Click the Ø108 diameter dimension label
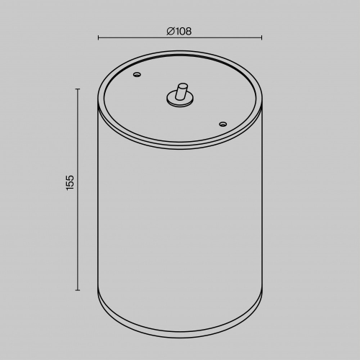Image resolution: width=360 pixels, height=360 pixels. [x=179, y=32]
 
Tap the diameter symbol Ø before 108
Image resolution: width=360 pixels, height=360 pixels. [x=170, y=32]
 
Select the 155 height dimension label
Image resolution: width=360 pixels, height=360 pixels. [x=70, y=183]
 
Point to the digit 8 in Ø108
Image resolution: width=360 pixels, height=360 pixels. [x=189, y=32]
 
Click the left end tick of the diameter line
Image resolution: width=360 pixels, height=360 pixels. [x=98, y=37]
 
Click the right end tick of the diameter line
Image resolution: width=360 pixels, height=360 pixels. [x=261, y=37]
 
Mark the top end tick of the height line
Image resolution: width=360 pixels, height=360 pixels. [x=78, y=89]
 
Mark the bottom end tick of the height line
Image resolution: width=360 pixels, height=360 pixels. [x=78, y=290]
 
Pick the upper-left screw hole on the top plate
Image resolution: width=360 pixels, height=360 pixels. [x=137, y=74]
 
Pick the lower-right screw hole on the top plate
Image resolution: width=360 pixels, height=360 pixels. [x=223, y=124]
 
